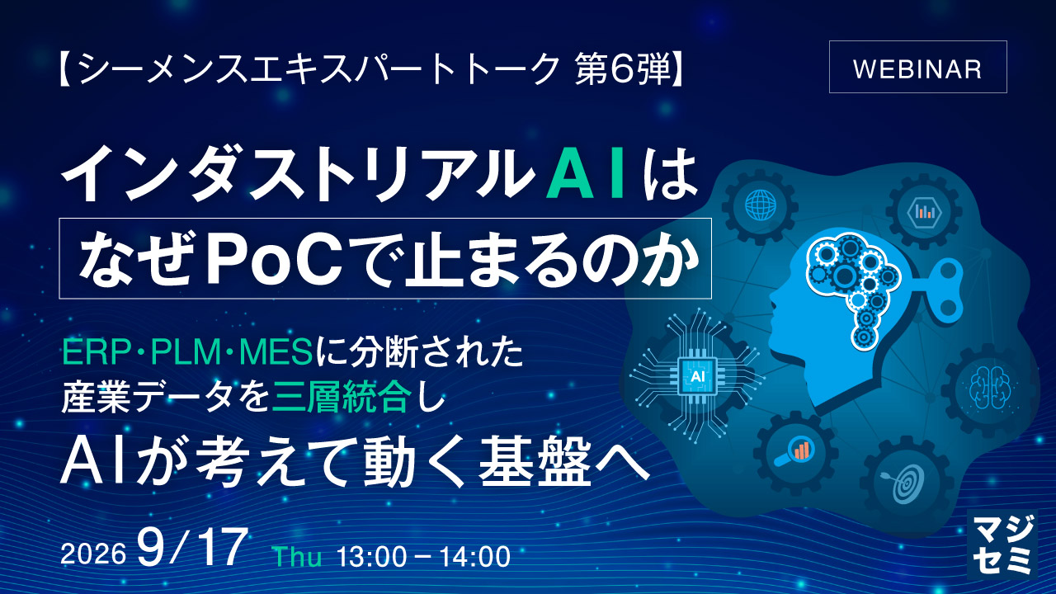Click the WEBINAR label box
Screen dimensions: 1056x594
(x=918, y=67)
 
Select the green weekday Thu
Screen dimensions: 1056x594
(x=298, y=556)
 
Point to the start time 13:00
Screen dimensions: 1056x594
(x=371, y=556)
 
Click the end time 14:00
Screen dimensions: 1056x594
(x=475, y=556)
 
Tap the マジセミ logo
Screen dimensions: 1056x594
(x=1002, y=544)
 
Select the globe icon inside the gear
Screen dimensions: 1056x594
(x=761, y=205)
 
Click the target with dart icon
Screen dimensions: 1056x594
(x=906, y=482)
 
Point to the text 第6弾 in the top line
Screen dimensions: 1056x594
(x=622, y=69)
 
